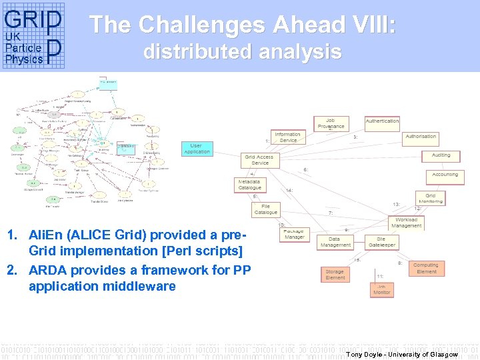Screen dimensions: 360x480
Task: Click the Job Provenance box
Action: [x=331, y=123]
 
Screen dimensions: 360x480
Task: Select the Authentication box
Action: [x=382, y=121]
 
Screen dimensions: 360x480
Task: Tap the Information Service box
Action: [x=287, y=137]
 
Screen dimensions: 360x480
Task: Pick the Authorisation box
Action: [x=421, y=137]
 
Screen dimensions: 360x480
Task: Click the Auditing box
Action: [x=441, y=155]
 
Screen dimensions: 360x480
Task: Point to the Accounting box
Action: [x=445, y=175]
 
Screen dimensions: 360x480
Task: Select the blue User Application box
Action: [x=196, y=149]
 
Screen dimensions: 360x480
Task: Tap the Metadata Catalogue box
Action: [x=250, y=185]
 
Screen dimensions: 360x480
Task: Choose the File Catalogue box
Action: [x=265, y=209]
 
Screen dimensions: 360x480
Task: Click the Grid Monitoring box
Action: [x=430, y=198]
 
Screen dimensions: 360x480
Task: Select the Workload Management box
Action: [x=407, y=223]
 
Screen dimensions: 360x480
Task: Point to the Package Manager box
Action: [x=295, y=233]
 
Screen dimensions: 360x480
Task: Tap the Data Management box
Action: [x=335, y=242]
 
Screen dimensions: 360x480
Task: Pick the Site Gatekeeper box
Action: [x=381, y=242]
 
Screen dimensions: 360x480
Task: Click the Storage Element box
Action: [x=335, y=274]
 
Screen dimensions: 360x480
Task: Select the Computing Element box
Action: [x=426, y=268]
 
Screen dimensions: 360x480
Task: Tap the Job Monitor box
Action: [x=382, y=289]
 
